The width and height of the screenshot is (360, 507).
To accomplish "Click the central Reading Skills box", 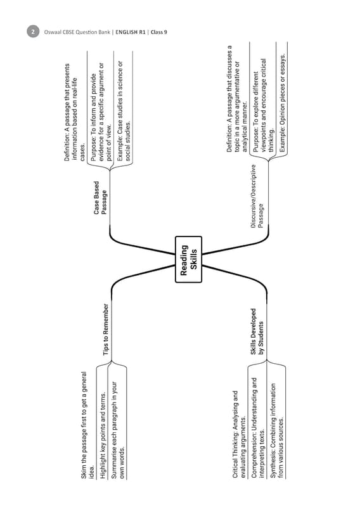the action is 189,259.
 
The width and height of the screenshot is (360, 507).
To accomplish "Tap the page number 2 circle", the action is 33,32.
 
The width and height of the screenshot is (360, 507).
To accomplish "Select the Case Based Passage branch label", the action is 100,198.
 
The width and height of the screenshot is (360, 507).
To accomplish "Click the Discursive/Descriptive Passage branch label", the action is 257,196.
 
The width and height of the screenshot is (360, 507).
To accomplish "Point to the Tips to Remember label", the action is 106,330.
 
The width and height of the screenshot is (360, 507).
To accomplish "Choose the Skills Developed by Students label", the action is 257,331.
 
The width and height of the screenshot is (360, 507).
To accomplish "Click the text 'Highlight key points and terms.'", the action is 103,435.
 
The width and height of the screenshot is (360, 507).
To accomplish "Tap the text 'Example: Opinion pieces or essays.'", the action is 282,103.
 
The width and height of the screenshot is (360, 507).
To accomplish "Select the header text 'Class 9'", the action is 159,32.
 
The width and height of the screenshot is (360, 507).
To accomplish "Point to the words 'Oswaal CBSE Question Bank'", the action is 77,32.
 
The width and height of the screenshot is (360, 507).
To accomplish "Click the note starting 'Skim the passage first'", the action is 87,425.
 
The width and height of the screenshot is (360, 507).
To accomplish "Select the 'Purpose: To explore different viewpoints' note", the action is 263,105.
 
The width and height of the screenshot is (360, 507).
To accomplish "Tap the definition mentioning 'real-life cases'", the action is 75,112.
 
